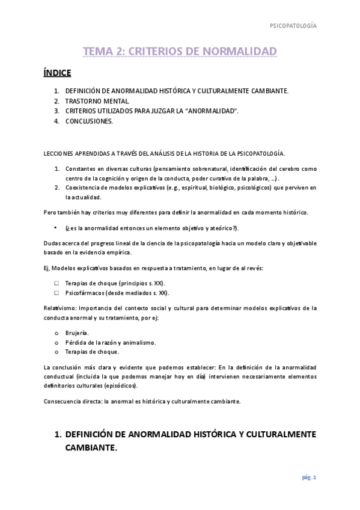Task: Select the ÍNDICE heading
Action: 57,73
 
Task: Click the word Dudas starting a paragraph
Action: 53,243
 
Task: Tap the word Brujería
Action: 77,333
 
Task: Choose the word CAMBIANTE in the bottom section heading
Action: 91,448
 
